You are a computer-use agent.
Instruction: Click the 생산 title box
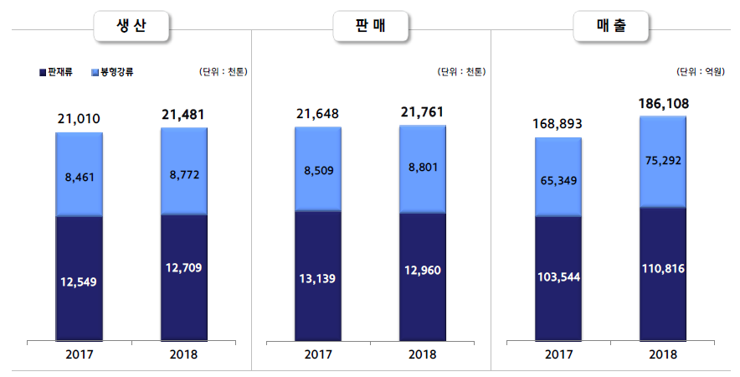[131, 28]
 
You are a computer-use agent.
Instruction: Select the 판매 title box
[371, 28]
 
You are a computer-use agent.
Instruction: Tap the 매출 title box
[611, 28]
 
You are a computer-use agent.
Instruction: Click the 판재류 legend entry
[54, 72]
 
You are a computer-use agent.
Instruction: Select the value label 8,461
[80, 177]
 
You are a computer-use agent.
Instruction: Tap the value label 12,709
[183, 268]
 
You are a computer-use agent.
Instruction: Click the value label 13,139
[318, 277]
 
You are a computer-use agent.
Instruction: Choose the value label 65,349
[558, 179]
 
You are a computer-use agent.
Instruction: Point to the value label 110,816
[662, 274]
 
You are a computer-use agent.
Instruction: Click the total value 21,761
[423, 112]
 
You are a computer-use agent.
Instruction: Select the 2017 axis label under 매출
[558, 354]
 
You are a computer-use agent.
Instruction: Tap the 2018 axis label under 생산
[183, 354]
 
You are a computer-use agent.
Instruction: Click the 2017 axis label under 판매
[318, 354]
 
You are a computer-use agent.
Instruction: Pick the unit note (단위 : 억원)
[701, 72]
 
